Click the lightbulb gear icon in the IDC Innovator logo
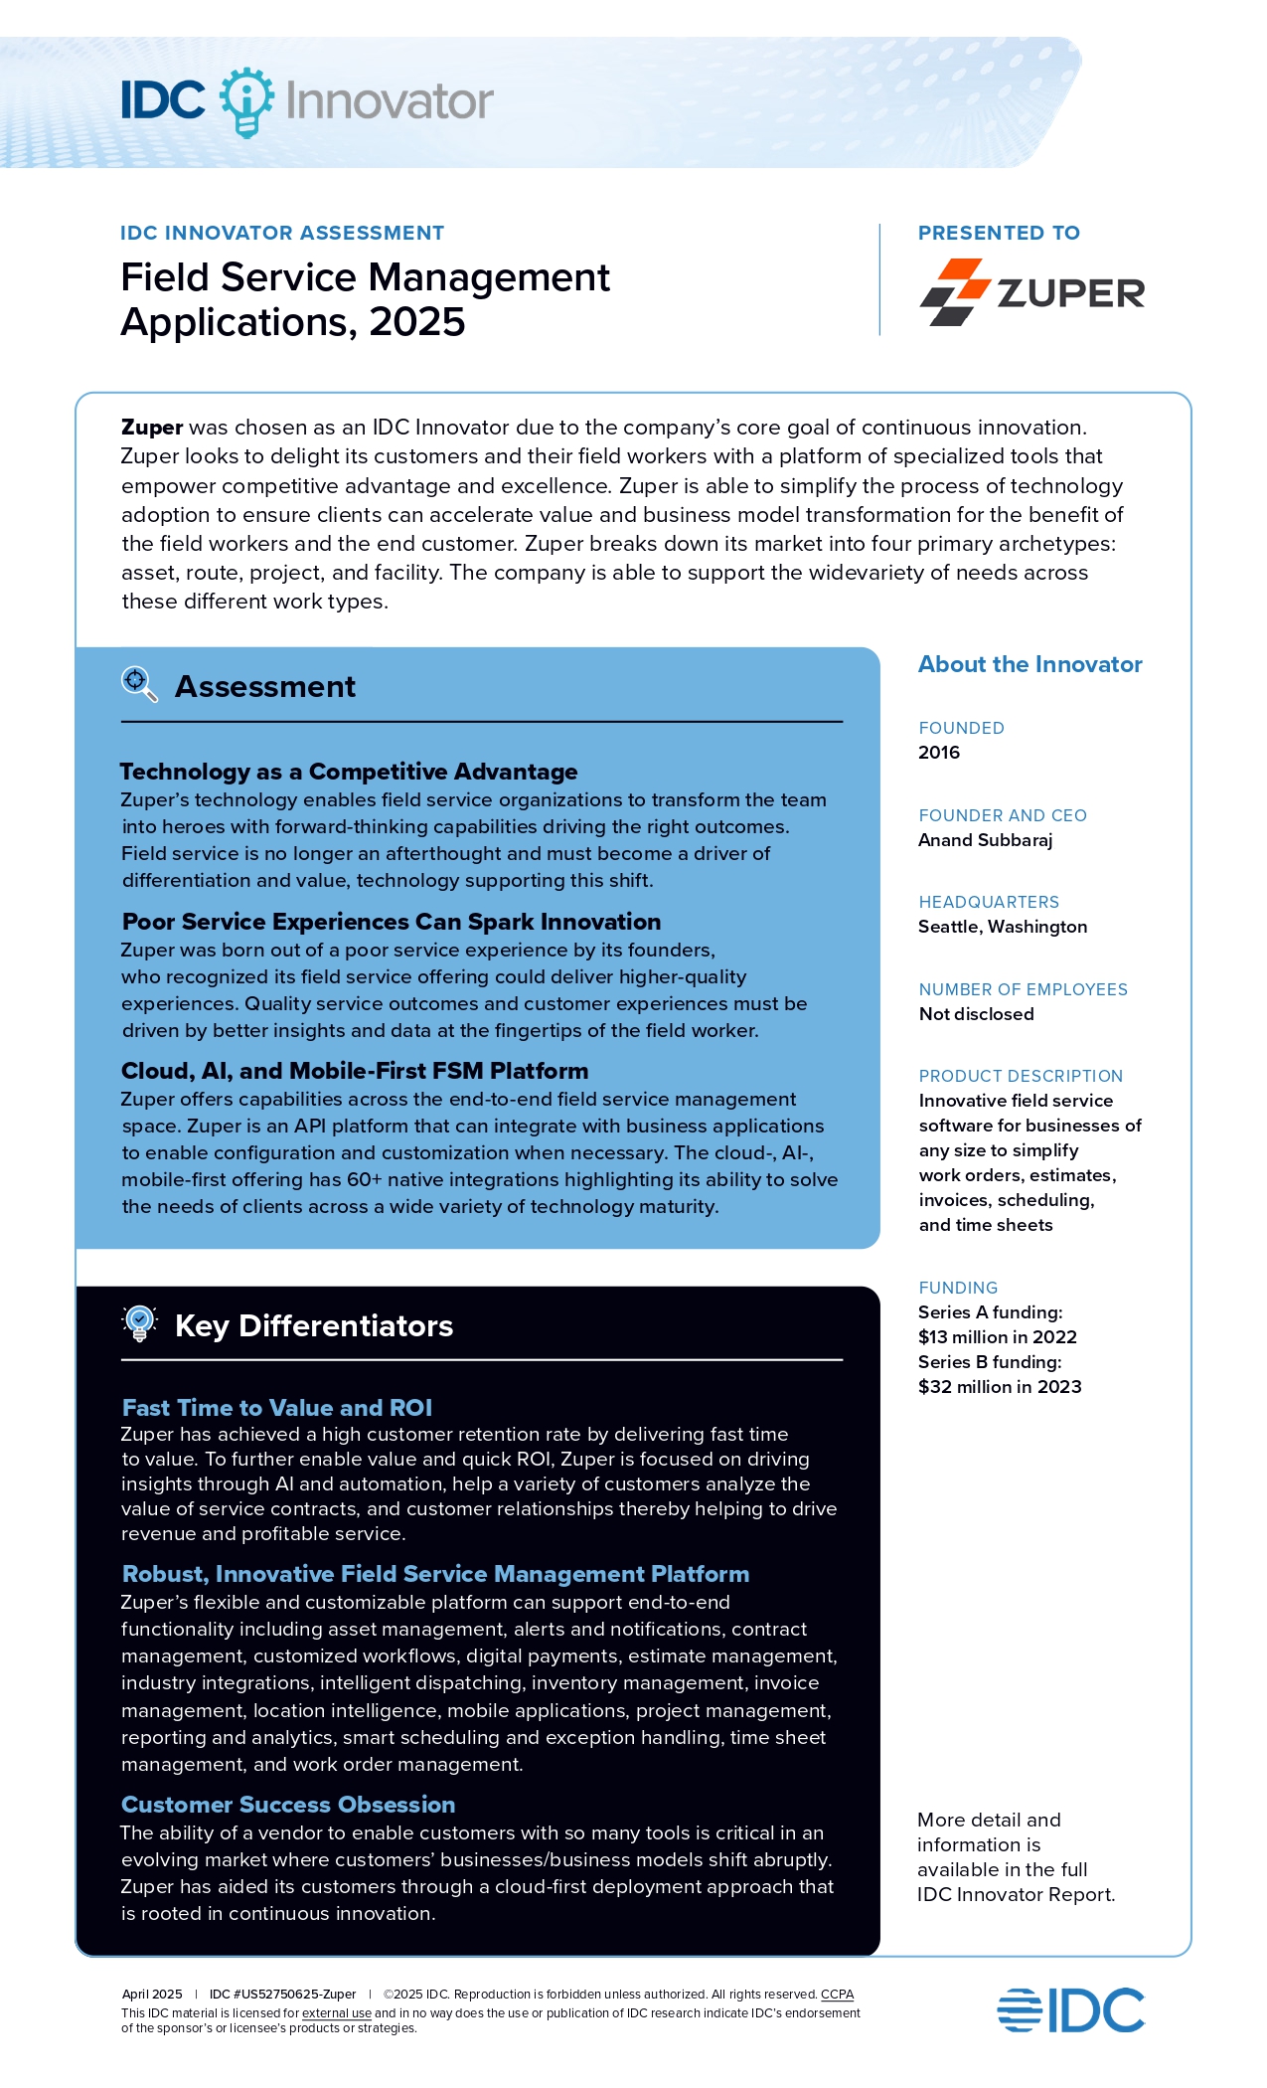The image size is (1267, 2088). tap(245, 100)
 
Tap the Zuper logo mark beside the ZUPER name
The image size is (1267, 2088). tap(954, 292)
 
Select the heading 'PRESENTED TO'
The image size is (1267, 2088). tap(998, 233)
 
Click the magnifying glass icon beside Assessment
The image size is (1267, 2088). tap(139, 684)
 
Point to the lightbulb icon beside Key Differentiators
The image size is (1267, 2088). tap(140, 1323)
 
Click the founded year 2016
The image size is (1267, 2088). tap(939, 753)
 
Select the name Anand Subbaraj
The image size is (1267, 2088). tap(985, 840)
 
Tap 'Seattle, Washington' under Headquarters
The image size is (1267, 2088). tap(1002, 927)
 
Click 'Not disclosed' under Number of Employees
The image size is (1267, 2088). tap(976, 1014)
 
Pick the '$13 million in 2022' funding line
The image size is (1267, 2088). tap(997, 1337)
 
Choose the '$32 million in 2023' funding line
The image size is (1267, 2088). tap(999, 1387)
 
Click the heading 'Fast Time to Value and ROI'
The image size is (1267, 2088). tap(276, 1408)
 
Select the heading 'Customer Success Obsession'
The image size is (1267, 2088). tap(288, 1805)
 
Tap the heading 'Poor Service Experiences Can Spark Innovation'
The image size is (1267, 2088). tap(391, 922)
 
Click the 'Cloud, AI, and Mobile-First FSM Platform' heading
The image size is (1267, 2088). tap(355, 1071)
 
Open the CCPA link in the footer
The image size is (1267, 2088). tap(837, 1995)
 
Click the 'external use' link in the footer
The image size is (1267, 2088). tap(336, 2013)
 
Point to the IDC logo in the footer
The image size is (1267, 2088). tap(1070, 2010)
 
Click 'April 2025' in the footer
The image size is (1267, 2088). tap(152, 1995)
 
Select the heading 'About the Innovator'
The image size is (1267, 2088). tap(1029, 664)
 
